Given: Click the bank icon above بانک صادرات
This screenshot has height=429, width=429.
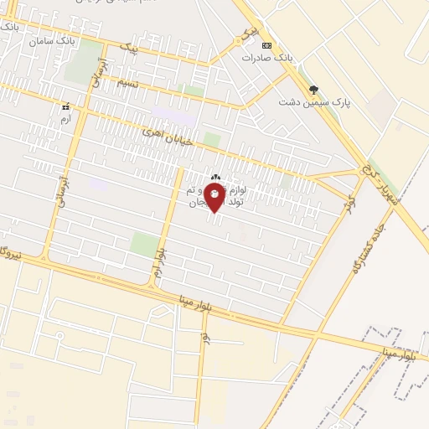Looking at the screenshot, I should click(266, 45).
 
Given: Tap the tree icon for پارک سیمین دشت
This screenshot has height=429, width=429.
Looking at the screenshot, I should click(314, 88).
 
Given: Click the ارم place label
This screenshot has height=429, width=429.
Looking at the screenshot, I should click(65, 120).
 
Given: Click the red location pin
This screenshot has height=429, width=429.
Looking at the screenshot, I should click(215, 198).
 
